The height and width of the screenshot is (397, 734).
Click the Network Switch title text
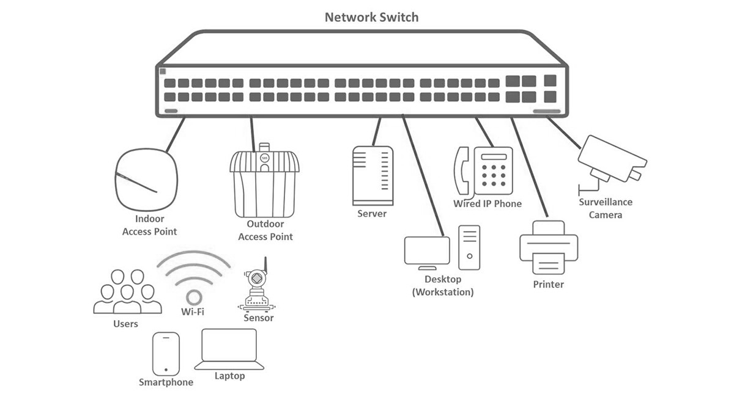point(371,16)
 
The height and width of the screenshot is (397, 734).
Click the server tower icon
point(372,176)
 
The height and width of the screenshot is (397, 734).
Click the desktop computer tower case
point(469,247)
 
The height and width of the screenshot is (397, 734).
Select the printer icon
point(549,247)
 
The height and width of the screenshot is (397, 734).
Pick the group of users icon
point(127,291)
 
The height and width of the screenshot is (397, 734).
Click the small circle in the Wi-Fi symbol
point(194,297)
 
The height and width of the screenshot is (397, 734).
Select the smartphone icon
point(166,354)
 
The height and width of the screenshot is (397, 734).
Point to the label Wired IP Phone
point(487,204)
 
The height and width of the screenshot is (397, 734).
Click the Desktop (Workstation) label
point(443,286)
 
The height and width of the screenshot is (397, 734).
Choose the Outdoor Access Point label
point(265,230)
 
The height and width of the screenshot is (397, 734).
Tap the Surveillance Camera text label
point(606,208)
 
